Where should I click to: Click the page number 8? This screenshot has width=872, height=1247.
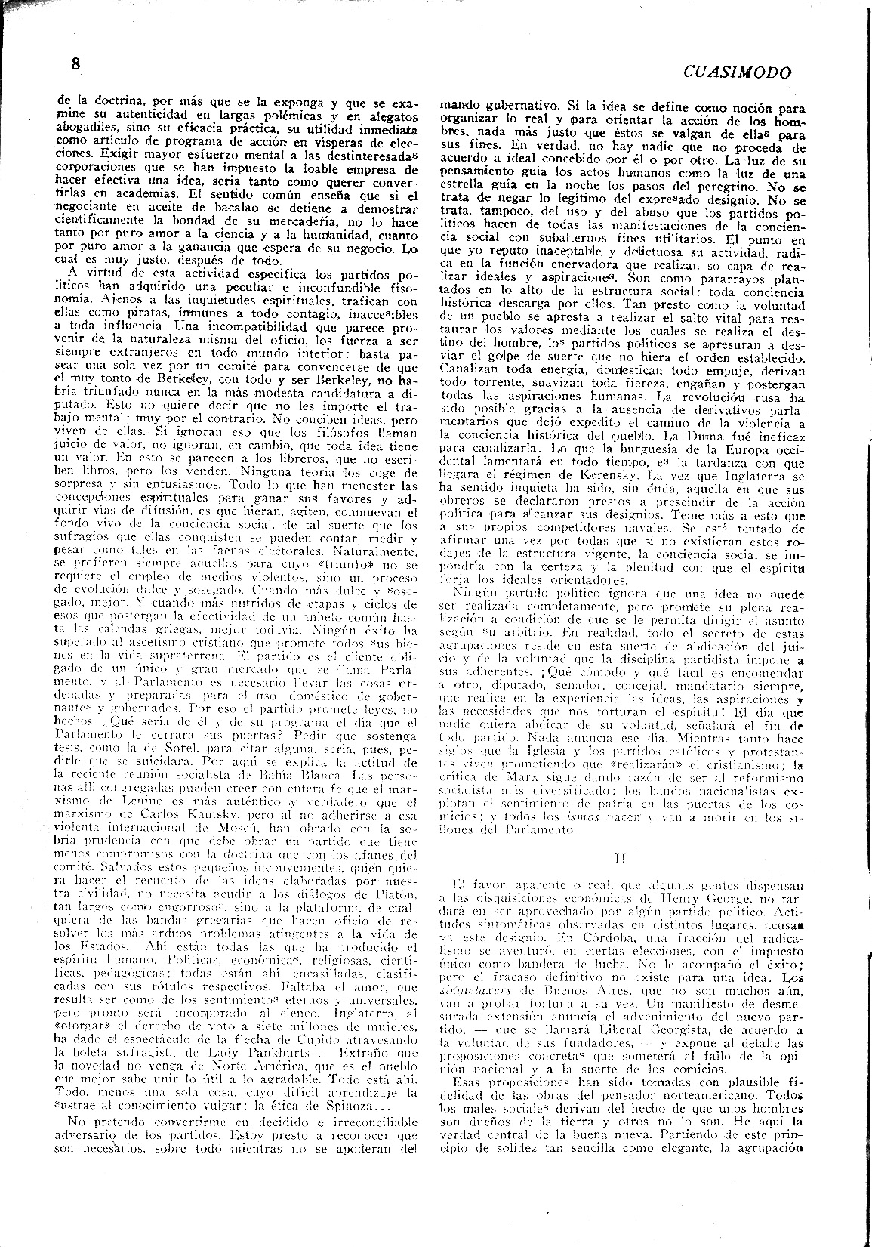click(x=75, y=64)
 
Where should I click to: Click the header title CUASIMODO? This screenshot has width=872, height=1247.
click(x=737, y=73)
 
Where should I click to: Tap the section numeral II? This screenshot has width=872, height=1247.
click(x=620, y=857)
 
